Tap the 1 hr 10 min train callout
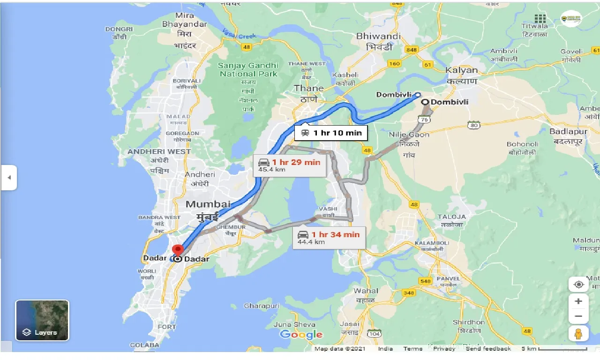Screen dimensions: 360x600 coord(331,133)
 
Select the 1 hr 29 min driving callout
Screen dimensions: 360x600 coord(289,165)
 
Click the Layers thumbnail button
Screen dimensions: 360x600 coord(42,320)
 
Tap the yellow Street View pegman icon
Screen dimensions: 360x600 coord(578,333)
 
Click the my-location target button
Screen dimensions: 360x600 coord(578,285)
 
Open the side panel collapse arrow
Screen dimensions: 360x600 coord(9,178)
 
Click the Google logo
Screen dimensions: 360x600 coord(301,334)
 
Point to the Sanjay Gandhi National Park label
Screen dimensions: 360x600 coord(248,69)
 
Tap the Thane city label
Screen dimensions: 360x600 coord(308,88)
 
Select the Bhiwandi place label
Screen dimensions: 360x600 coord(378,36)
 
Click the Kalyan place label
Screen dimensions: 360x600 coord(462,70)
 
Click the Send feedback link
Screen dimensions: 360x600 coord(488,349)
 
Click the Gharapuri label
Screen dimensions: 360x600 coord(262,306)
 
